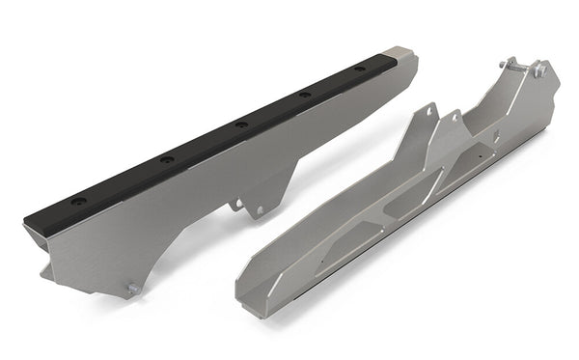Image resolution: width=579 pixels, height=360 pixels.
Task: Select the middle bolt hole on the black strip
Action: coord(240,125)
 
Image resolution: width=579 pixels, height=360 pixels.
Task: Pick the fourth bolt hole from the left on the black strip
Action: coord(305,95)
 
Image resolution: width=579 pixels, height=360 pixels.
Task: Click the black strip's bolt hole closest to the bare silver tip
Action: coord(359,69)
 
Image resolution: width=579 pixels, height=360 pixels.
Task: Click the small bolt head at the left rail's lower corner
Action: coord(132,287)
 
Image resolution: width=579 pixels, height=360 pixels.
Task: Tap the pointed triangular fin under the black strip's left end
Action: coord(45,272)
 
